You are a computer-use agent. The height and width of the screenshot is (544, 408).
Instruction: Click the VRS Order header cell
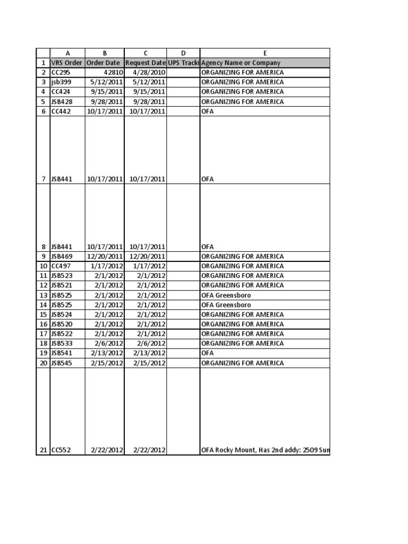[x=67, y=63]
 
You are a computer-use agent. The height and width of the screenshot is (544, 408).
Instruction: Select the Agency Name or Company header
[x=241, y=63]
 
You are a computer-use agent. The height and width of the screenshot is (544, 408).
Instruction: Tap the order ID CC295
[x=61, y=72]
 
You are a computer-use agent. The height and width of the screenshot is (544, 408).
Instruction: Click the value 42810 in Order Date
[x=113, y=72]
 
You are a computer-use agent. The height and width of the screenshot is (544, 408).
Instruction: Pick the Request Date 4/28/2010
[x=148, y=72]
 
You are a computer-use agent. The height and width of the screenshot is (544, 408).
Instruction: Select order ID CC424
[x=61, y=92]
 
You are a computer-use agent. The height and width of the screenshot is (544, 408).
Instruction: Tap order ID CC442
[x=61, y=111]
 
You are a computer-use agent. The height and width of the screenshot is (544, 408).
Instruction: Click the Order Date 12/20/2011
[x=105, y=256]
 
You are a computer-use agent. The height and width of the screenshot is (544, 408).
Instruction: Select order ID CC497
[x=61, y=266]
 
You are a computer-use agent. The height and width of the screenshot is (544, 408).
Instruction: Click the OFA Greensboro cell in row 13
[x=226, y=295]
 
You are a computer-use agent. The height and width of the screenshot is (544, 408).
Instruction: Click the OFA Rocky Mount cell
[x=265, y=450]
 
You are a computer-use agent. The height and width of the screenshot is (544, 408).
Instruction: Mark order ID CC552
[x=61, y=450]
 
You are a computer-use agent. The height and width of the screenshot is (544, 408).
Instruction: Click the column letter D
[x=183, y=53]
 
